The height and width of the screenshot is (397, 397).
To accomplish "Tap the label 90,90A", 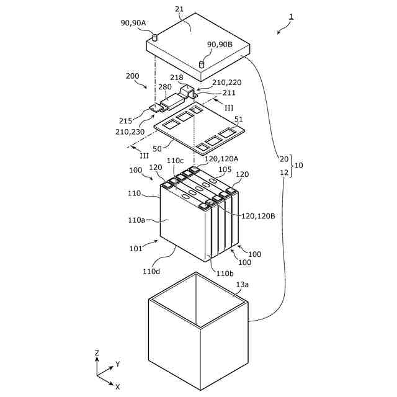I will (133, 23).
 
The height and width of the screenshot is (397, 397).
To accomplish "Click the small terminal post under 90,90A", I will (155, 38).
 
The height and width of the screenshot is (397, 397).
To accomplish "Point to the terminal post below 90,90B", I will (202, 64).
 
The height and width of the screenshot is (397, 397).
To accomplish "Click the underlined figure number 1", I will (292, 16).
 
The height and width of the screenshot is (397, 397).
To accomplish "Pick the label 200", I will (133, 76).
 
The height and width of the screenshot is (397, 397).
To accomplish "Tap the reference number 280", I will (164, 87).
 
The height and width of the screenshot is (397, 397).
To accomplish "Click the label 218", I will (178, 78).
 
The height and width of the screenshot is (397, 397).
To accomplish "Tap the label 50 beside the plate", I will (158, 149).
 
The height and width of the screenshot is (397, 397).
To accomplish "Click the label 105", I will (225, 169).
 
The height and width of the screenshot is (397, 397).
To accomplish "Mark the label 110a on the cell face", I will (137, 220).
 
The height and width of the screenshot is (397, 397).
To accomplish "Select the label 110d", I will (151, 271).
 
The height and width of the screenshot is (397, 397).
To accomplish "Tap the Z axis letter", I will (97, 353).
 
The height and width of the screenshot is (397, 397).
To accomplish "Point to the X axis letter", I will (117, 386).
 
